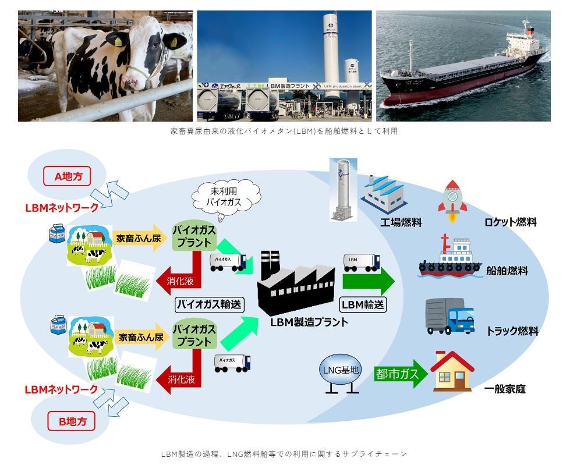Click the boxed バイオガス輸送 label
click(209, 304)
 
